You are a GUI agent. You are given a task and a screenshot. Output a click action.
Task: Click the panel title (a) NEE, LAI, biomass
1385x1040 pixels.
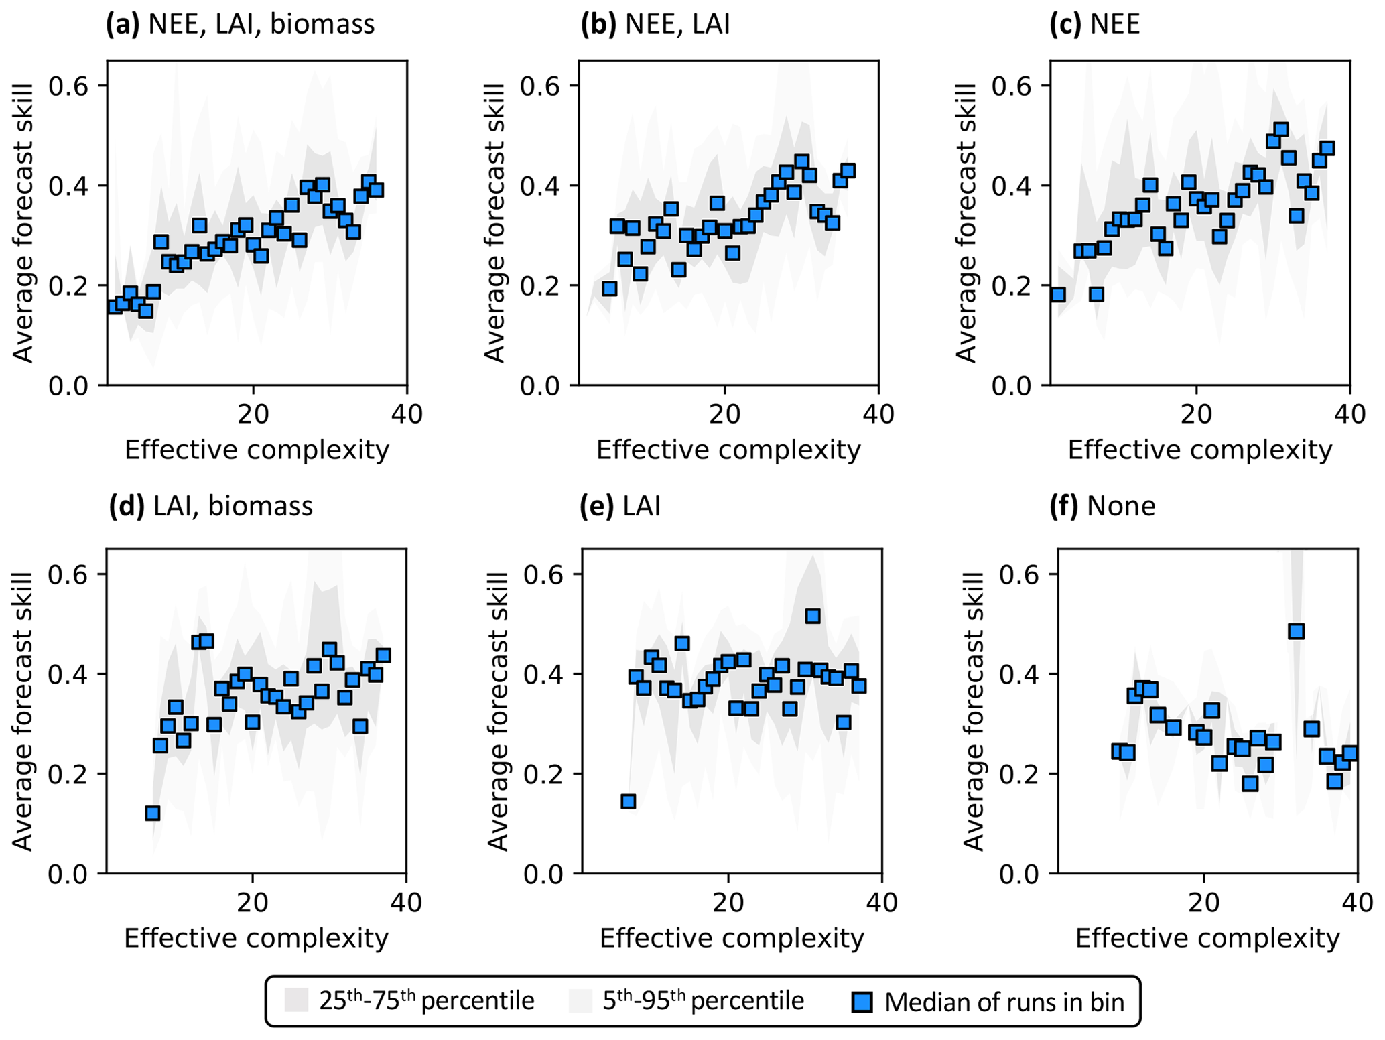pos(241,25)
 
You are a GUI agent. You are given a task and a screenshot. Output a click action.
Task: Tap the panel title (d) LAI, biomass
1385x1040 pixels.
pos(210,506)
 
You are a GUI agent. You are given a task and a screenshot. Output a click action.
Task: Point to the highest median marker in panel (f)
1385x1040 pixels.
pos(1296,631)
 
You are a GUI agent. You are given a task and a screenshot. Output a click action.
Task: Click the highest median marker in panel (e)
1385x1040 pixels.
pos(813,616)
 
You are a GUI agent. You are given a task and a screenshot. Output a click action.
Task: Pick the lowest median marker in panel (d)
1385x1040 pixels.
pos(153,813)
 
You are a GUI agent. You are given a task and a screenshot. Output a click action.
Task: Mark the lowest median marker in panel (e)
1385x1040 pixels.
pos(628,801)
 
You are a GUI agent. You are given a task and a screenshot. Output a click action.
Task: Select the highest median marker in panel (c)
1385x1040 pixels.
pos(1281,129)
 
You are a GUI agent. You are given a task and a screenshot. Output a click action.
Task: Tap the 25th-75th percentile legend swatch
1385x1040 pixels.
pos(295,1000)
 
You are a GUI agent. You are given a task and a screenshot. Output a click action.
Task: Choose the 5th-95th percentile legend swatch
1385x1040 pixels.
pos(580,1000)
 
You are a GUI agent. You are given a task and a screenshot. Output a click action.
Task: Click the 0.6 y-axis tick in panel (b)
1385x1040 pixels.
pos(539,86)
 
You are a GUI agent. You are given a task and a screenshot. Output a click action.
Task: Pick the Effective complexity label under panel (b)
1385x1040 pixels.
pos(728,450)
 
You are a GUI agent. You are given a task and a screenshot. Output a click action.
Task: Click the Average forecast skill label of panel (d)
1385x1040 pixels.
pos(23,711)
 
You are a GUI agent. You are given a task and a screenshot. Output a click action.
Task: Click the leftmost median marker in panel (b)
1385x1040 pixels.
pos(609,289)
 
